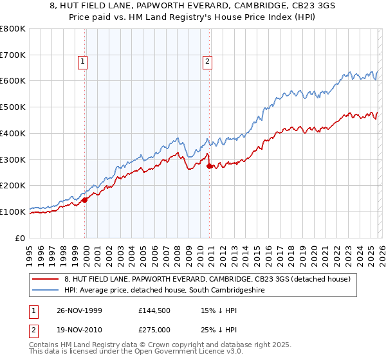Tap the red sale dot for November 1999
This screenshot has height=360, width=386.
[85, 200]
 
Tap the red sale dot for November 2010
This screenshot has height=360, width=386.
[210, 166]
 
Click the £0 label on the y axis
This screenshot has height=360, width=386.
[21, 238]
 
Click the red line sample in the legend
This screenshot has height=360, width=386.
[45, 279]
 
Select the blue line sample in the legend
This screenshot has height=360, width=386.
[45, 291]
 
